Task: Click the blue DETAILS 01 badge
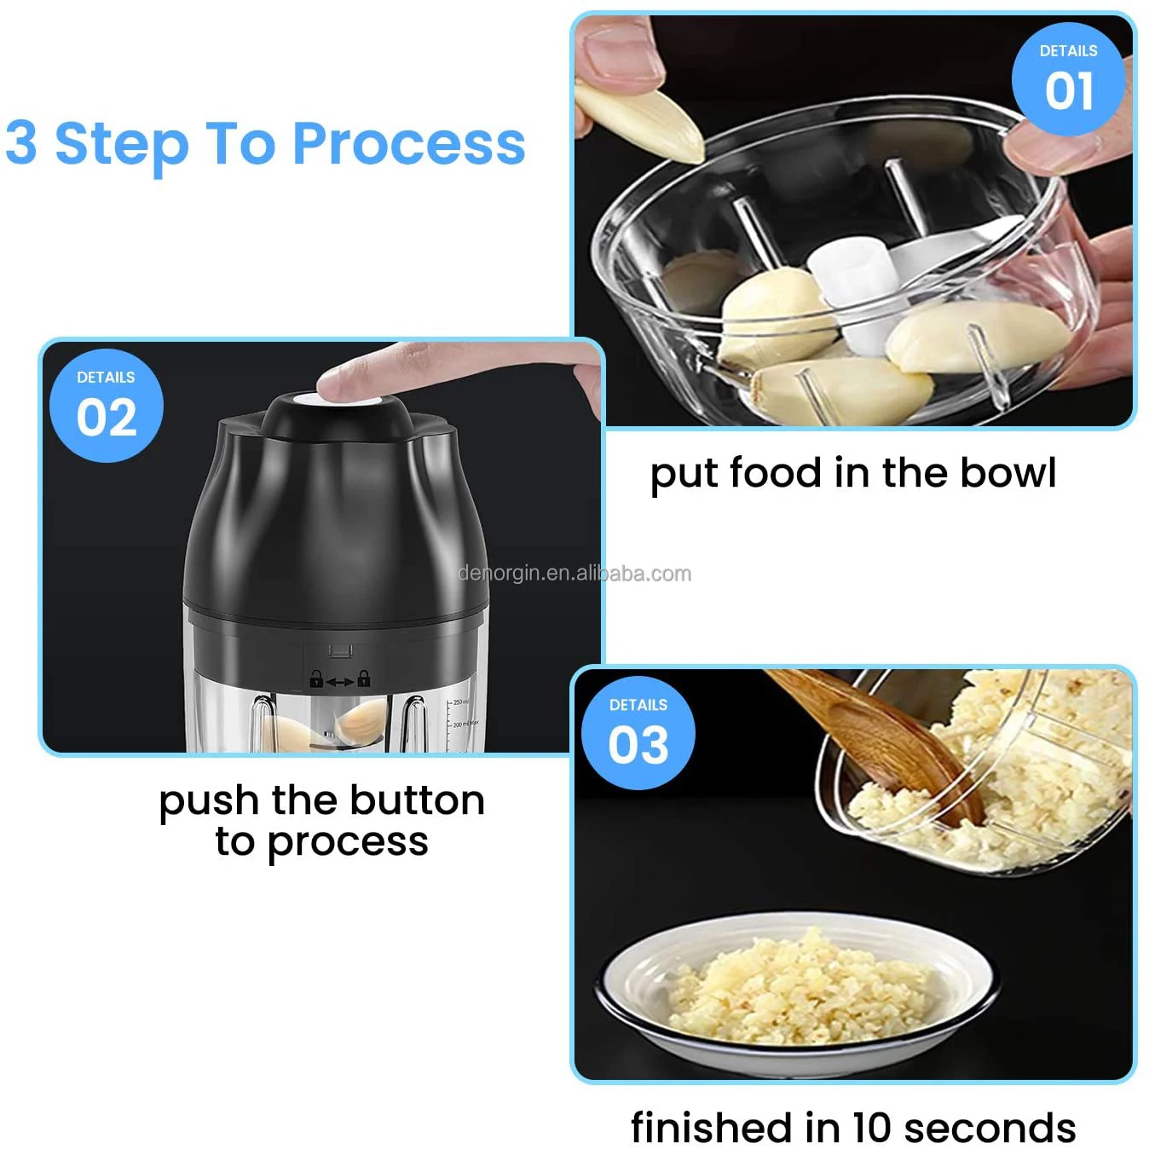click(x=1068, y=78)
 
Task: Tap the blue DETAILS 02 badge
click(x=107, y=406)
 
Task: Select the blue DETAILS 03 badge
click(x=638, y=733)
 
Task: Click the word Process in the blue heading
click(x=409, y=143)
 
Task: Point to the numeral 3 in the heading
click(x=21, y=142)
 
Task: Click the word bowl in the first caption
click(x=1008, y=473)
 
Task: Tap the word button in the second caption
click(x=417, y=800)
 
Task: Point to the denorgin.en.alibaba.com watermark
click(x=574, y=574)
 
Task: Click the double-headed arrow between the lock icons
click(x=340, y=681)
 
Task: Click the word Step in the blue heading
click(x=123, y=145)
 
